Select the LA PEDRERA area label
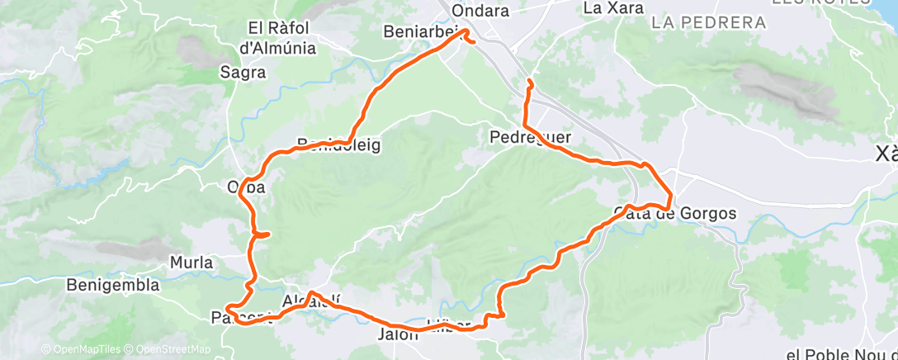(x=708, y=22)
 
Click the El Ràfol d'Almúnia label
(x=276, y=38)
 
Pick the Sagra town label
(x=243, y=73)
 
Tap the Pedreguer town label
(x=530, y=135)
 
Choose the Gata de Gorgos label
(x=675, y=214)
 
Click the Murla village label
(x=191, y=263)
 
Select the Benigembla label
(x=113, y=286)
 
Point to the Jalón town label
(x=399, y=335)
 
